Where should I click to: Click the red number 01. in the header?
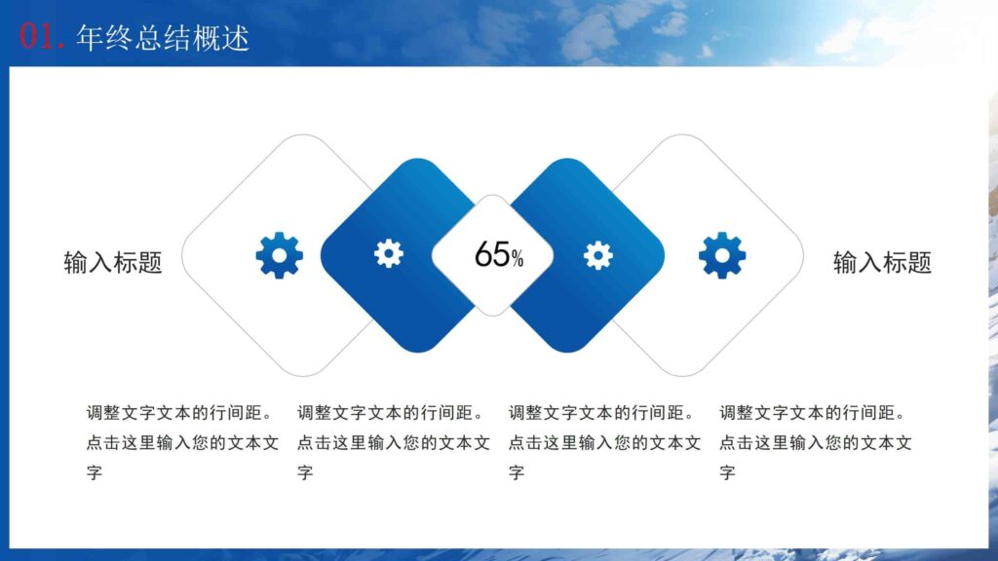(x=42, y=37)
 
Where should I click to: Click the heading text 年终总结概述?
(x=162, y=37)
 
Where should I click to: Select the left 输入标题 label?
(x=113, y=262)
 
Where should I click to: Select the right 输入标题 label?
(x=882, y=262)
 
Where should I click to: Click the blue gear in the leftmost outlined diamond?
(x=279, y=255)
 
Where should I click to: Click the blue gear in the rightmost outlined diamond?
(x=722, y=255)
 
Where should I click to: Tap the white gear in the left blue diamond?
(x=388, y=253)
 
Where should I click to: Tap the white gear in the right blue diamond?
(x=597, y=255)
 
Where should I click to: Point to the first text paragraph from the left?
(x=182, y=442)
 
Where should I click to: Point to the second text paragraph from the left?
(x=394, y=442)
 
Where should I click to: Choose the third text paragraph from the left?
(x=605, y=442)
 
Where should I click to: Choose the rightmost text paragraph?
(x=816, y=442)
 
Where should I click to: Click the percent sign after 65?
(x=518, y=259)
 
